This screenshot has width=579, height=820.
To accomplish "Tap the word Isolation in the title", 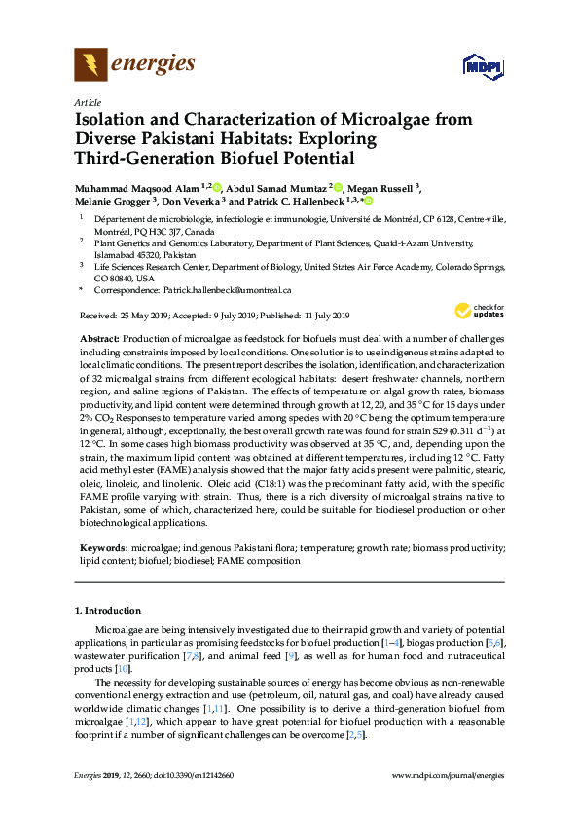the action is point(114,120).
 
